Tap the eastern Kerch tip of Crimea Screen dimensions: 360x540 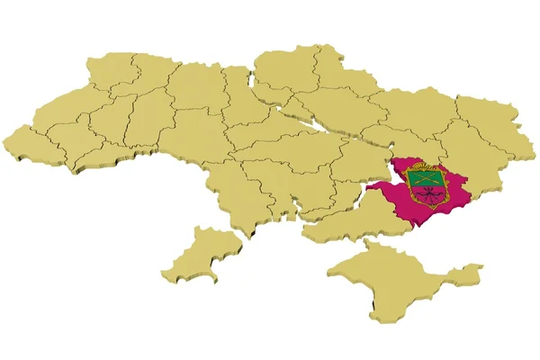tap(468, 270)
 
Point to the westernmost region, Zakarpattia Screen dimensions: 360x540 tap(36, 144)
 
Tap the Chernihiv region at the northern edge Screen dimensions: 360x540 tap(283, 67)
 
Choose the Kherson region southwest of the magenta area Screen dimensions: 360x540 tap(346, 220)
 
